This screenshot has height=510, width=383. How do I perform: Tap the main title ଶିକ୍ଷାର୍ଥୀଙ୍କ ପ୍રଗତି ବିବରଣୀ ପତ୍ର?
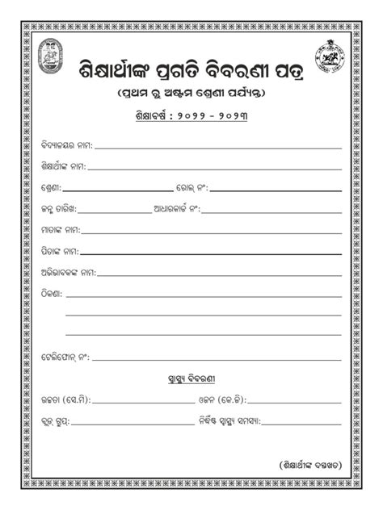tap(191, 68)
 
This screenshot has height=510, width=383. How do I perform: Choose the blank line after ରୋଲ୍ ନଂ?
tap(276, 190)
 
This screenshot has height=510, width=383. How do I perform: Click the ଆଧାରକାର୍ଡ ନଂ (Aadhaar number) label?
tap(176, 208)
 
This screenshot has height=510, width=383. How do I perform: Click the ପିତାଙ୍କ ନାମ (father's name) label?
tap(60, 250)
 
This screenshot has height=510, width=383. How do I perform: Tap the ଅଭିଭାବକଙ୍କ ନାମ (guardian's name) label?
tap(68, 271)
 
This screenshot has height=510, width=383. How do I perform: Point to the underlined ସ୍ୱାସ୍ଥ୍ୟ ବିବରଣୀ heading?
tap(191, 378)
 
